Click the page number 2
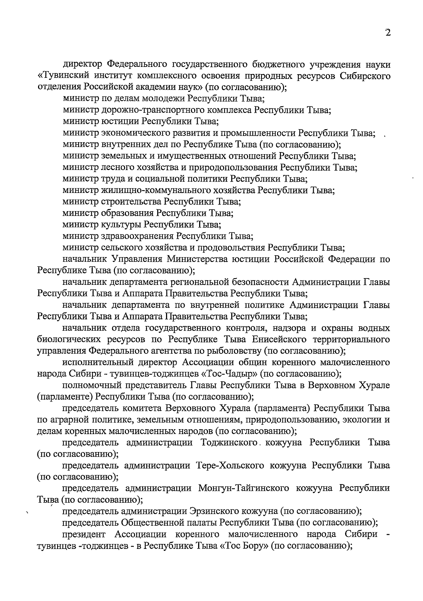(388, 33)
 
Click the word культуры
(122, 225)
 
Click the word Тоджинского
(228, 443)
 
